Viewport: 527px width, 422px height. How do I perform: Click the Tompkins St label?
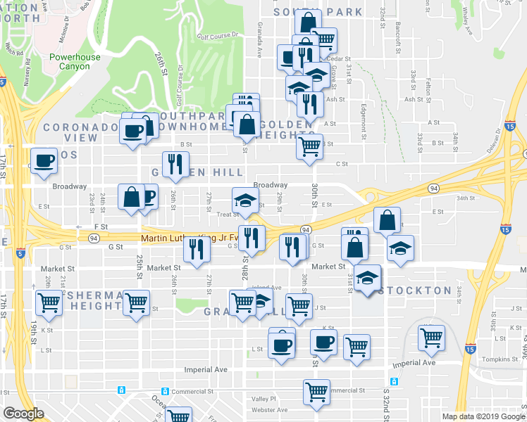[x=502, y=359]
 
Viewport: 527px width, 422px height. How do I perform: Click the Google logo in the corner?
[x=23, y=414]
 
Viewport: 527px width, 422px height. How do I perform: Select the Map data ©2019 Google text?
[x=483, y=416]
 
